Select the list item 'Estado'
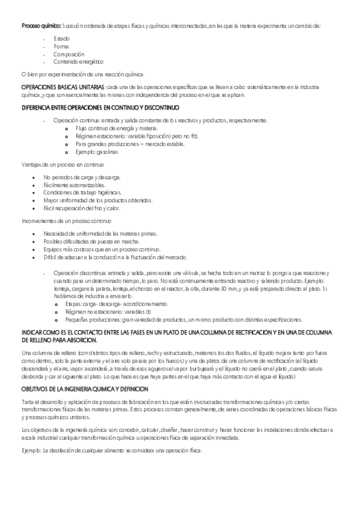pyautogui.click(x=61, y=38)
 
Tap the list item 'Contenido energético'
pyautogui.click(x=78, y=61)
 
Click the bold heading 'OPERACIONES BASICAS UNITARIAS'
pyautogui.click(x=63, y=88)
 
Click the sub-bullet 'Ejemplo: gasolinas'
pyautogui.click(x=97, y=152)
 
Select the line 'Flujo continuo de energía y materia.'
pyautogui.click(x=117, y=129)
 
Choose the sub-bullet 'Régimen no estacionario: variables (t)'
pyautogui.click(x=108, y=312)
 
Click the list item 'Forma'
pyautogui.click(x=61, y=46)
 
